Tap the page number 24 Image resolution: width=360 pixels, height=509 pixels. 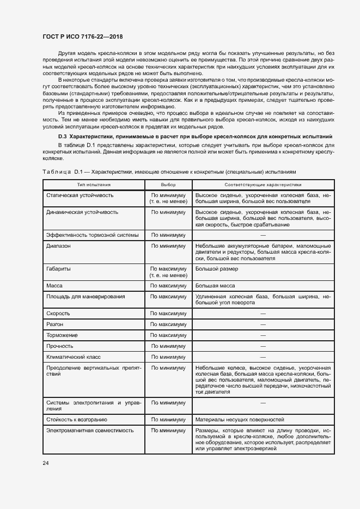tap(45, 462)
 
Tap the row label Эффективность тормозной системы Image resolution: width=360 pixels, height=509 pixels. tap(85, 235)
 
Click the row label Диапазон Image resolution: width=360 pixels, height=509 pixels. tap(59, 246)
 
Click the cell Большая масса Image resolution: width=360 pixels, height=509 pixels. tap(215, 286)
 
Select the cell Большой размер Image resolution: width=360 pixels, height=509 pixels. tap(216, 269)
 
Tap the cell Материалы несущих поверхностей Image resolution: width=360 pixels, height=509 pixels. tap(240, 420)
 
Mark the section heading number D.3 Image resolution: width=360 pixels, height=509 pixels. tap(63, 136)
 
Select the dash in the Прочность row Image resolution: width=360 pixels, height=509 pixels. tap(263, 346)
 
